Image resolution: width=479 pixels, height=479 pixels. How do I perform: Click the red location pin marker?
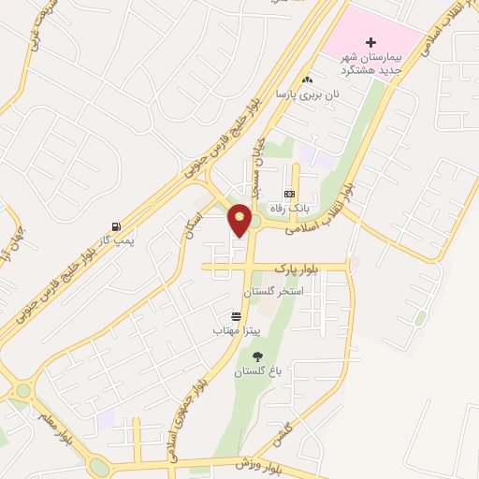coord(240,221)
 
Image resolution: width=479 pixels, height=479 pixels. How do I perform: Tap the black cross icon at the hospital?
coord(371,42)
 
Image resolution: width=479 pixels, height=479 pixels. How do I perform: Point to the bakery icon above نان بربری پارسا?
coord(307,80)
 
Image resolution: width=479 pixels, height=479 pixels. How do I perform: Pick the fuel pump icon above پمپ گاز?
coord(116,226)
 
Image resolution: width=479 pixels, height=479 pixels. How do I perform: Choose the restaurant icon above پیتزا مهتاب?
coord(236,316)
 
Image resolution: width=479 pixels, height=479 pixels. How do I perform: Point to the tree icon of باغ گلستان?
coord(257,356)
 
